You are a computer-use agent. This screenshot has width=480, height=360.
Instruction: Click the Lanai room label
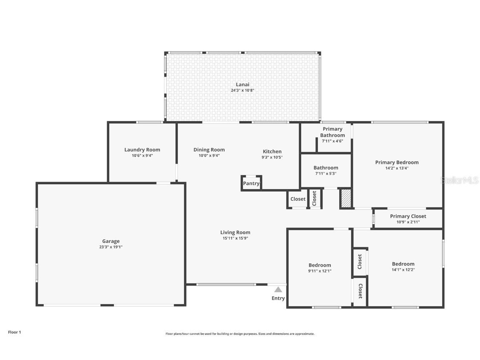[x=242, y=85]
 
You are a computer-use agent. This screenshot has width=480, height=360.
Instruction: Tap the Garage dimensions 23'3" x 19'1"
[x=111, y=247]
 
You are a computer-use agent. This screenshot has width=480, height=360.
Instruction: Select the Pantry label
[x=251, y=183]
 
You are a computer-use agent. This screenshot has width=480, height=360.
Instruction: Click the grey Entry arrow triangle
[x=278, y=290]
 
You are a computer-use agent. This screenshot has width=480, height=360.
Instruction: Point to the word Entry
[x=278, y=298]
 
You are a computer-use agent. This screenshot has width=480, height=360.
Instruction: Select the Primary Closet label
[x=408, y=216]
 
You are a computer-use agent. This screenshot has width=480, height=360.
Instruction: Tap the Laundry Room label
[x=142, y=150]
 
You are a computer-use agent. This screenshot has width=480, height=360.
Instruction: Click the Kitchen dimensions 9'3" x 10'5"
[x=272, y=157]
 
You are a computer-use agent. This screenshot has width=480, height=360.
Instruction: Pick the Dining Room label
[x=209, y=150]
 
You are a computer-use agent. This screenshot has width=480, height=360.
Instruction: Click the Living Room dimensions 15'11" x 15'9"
[x=235, y=238]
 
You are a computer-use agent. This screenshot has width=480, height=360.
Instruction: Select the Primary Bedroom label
[x=397, y=162]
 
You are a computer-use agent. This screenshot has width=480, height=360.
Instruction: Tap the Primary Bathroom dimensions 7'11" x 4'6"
[x=332, y=141]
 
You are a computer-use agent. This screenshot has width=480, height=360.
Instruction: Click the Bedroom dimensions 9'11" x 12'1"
[x=320, y=271]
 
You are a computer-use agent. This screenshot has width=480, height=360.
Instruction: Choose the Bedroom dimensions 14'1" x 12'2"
[x=403, y=270]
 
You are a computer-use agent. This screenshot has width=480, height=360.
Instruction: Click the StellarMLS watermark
[x=460, y=180]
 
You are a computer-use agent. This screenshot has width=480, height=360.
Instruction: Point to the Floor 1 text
[x=14, y=332]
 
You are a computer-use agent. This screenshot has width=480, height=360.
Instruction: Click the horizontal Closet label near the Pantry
[x=298, y=199]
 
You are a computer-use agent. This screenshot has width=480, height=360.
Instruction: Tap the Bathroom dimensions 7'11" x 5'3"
[x=325, y=173]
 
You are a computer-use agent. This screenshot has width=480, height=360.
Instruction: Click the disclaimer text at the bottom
[x=240, y=334]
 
